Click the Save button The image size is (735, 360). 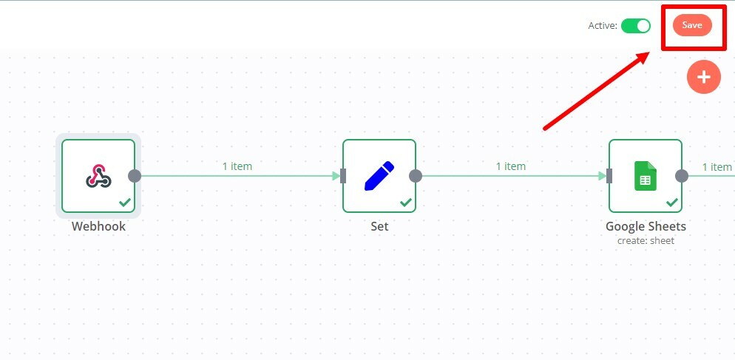(x=692, y=25)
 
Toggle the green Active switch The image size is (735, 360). (x=635, y=26)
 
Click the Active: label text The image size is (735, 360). (x=602, y=26)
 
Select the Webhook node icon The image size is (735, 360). (x=98, y=175)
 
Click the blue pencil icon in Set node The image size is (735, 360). (x=379, y=175)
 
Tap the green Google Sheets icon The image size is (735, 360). (x=645, y=176)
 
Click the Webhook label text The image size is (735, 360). (x=98, y=226)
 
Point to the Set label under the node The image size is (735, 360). (x=379, y=226)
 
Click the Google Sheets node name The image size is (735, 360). (x=646, y=226)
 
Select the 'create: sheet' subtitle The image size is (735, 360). (x=646, y=240)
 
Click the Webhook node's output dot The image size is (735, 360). (x=135, y=176)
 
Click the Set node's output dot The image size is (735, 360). (x=416, y=176)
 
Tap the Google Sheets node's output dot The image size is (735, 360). (x=682, y=176)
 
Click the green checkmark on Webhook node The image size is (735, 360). (x=125, y=202)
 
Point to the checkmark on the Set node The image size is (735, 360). (x=406, y=202)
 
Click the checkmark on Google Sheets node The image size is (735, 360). (x=672, y=202)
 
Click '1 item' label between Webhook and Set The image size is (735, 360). (x=237, y=166)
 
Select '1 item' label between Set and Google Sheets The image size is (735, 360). (x=511, y=166)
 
